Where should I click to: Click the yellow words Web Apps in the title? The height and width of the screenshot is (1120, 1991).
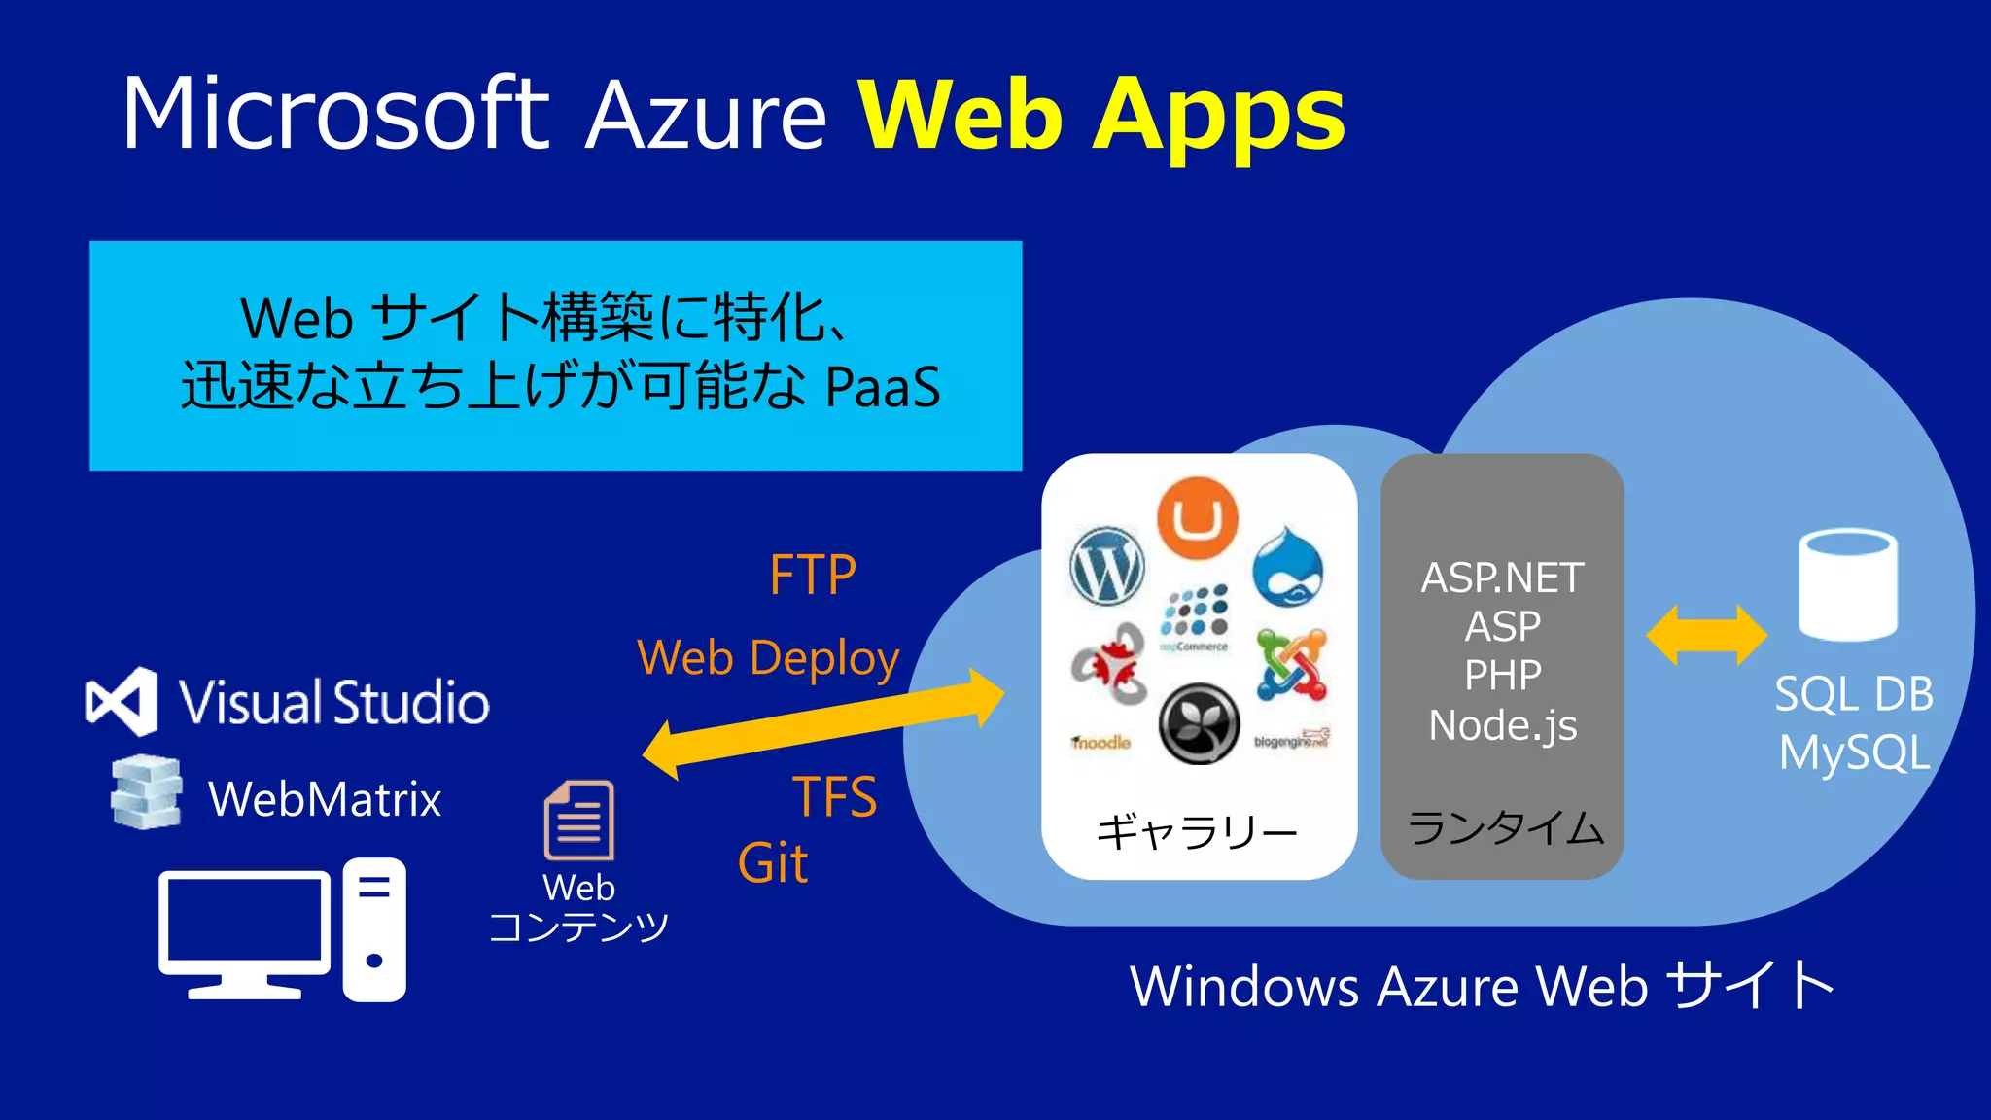(1101, 117)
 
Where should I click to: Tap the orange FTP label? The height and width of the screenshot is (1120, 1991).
(813, 575)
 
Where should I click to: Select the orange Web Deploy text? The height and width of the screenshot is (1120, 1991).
(768, 658)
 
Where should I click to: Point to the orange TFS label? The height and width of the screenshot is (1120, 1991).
(834, 797)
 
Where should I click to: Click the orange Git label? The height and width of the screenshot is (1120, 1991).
(773, 863)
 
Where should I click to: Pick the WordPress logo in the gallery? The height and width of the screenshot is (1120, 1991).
(1106, 566)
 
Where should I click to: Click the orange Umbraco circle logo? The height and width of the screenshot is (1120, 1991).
(1198, 517)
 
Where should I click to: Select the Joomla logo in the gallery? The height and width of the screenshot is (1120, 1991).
(1291, 665)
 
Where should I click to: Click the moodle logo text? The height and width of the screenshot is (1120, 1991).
(1101, 743)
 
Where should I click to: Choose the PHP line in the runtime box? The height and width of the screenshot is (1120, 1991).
(1503, 676)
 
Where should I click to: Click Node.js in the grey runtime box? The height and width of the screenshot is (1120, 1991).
(1503, 725)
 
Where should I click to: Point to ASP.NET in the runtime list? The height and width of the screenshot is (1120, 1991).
(1503, 578)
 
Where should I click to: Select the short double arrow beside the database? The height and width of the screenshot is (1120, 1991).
(1706, 635)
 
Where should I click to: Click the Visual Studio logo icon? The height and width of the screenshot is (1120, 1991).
(122, 701)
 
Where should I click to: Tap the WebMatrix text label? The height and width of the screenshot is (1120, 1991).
(325, 799)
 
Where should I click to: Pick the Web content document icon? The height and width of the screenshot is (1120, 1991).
(579, 821)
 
